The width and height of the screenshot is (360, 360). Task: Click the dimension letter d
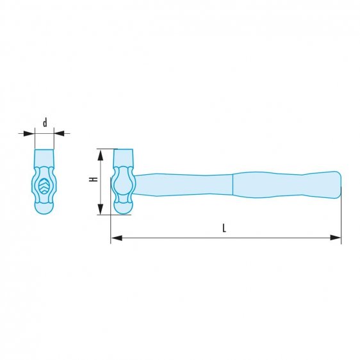[x=44, y=122]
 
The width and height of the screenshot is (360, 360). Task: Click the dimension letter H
[x=94, y=181]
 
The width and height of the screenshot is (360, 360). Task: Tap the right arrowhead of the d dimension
[x=58, y=133]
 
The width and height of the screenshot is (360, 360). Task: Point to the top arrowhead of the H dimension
[x=100, y=152]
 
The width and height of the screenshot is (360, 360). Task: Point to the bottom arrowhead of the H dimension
[x=100, y=210]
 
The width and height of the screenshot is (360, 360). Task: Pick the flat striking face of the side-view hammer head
[x=122, y=156]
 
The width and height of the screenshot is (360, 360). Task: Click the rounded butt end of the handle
[x=336, y=184]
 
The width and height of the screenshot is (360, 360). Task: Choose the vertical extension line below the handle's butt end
[x=341, y=218]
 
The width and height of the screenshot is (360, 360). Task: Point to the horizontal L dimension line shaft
[x=192, y=238]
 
